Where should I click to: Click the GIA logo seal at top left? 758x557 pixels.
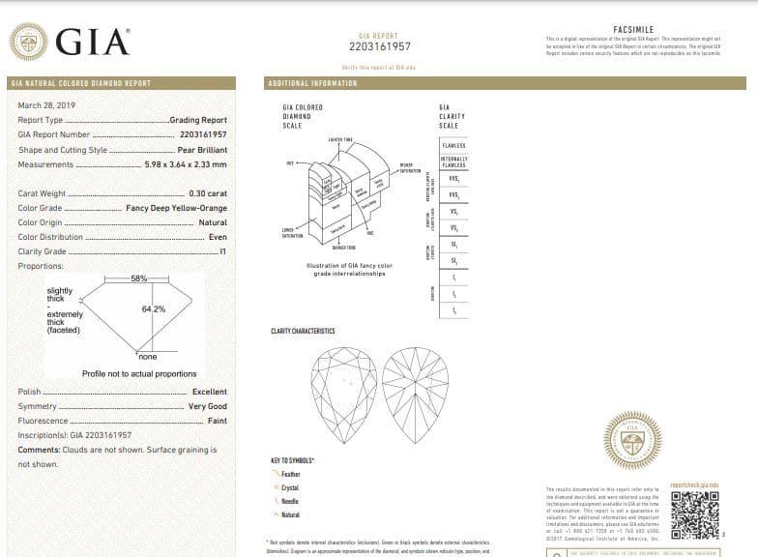(28, 41)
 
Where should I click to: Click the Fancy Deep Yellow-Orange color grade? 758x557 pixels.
(177, 208)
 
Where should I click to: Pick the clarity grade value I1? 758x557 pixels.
(222, 251)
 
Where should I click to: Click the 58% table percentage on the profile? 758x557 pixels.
(138, 278)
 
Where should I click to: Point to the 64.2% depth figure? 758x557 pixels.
(154, 308)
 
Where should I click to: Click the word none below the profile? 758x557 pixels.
(147, 356)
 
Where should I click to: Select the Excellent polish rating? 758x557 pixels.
(209, 392)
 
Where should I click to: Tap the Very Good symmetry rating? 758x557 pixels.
(207, 406)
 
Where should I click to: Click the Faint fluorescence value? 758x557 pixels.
(217, 421)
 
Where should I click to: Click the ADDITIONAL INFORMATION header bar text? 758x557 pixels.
(311, 83)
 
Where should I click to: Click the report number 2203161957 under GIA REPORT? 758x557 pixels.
(379, 46)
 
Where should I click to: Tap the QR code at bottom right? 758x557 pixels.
(694, 515)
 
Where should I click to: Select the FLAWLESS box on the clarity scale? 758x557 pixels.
(453, 145)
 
